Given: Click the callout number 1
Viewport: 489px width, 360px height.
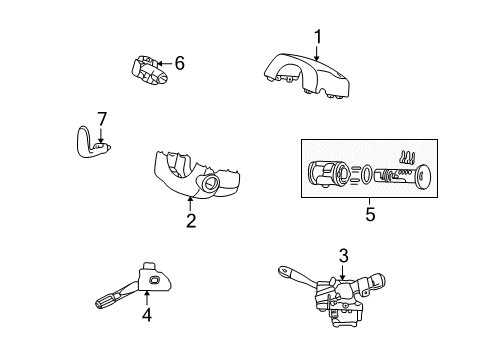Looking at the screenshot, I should (317, 38).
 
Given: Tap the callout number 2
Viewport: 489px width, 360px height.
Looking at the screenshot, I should (190, 219).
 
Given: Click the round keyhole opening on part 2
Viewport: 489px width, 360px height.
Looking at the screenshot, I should (212, 184).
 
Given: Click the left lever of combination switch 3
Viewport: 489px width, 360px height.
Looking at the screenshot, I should (293, 273).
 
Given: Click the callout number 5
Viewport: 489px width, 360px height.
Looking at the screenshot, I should (371, 212).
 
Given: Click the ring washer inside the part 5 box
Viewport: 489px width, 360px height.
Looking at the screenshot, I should (361, 175).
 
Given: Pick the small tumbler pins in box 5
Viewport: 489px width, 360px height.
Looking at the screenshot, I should (406, 158).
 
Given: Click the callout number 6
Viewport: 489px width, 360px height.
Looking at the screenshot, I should (180, 63).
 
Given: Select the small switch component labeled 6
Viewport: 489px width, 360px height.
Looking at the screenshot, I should (147, 69).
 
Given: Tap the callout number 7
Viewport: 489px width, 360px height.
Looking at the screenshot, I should (100, 119).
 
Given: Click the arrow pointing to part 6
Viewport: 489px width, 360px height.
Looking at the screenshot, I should (166, 64).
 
